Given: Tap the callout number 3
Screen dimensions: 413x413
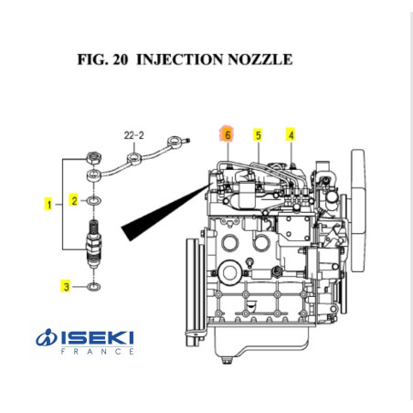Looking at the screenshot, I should point(66,287).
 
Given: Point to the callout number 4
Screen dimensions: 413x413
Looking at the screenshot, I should point(291,135).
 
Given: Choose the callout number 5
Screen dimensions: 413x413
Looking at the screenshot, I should point(259,135).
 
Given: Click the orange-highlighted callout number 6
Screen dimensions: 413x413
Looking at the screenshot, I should point(227,135).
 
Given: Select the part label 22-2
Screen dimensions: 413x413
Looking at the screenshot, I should point(133,134).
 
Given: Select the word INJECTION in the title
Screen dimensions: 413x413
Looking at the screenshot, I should point(179,60).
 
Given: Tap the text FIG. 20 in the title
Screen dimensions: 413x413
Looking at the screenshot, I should point(103,60).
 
